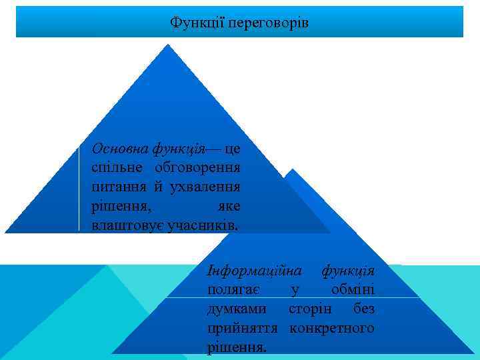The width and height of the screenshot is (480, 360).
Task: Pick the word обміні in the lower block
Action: [353, 290]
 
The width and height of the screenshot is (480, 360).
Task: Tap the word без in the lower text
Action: [363, 309]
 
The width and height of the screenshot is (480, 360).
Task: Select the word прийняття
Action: [245, 329]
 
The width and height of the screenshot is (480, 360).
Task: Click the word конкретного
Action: [331, 329]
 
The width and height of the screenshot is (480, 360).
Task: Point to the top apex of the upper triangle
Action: [168, 45]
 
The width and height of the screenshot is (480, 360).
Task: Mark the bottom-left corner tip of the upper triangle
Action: [5, 232]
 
